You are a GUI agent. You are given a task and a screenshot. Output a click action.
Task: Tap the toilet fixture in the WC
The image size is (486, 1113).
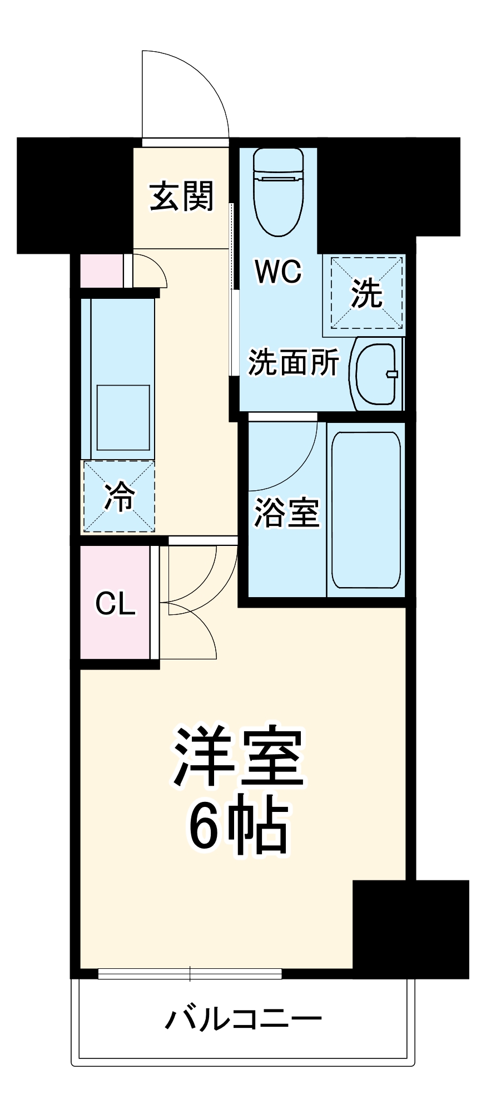[x=278, y=192]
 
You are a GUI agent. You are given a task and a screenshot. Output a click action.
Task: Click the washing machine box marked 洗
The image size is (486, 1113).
[x=366, y=293]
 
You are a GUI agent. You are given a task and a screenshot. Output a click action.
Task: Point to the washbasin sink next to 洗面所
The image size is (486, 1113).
[x=376, y=373]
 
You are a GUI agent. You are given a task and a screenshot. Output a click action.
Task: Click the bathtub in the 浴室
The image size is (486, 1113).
[x=366, y=510]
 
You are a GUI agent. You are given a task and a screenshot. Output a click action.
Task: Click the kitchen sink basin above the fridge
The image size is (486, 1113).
[x=123, y=417]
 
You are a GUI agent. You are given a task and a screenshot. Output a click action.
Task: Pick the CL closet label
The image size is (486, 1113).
[x=115, y=604]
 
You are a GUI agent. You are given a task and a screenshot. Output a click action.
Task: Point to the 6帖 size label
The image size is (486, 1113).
[x=239, y=828]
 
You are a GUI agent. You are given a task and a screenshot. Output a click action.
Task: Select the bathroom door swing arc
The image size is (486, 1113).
[x=289, y=451]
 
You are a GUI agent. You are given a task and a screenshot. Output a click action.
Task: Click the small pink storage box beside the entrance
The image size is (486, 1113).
[x=102, y=271]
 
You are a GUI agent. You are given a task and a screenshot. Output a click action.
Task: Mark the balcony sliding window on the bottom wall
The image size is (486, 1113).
[x=190, y=974]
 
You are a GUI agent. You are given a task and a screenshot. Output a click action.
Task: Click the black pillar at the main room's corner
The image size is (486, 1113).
[x=410, y=929]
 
